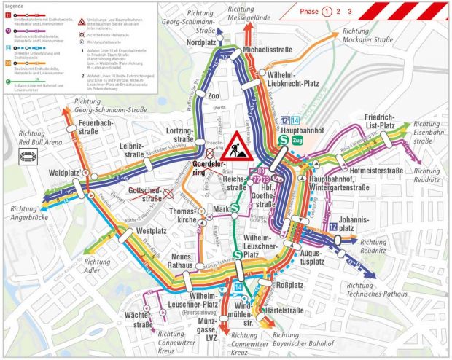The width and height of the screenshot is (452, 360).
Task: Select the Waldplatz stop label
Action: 63,173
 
